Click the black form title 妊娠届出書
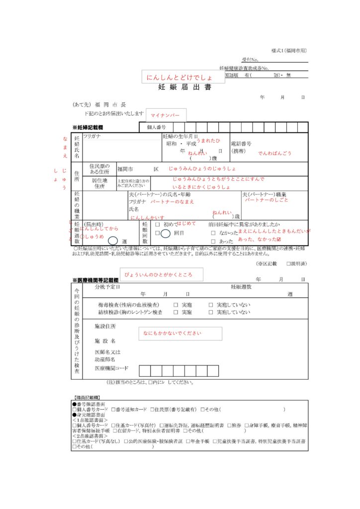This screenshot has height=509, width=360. pos(184,87)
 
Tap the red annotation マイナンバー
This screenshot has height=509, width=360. pos(165,116)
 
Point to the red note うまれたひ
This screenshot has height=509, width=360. pos(208,141)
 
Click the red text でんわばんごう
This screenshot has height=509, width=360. pos(274,154)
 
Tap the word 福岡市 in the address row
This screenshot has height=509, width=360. pos(126,169)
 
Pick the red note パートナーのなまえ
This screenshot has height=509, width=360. pos(172,202)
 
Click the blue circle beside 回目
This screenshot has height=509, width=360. pos(166,233)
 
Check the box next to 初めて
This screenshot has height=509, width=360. pos(157,224)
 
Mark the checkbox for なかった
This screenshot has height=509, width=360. pos(213,233)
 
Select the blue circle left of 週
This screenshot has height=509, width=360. pos(113,241)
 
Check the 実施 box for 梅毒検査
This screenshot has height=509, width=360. pos(176,305)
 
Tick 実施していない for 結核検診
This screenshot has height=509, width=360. pos(211,312)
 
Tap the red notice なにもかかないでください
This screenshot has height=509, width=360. pos(180,333)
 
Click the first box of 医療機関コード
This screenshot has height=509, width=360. pos(145,370)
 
